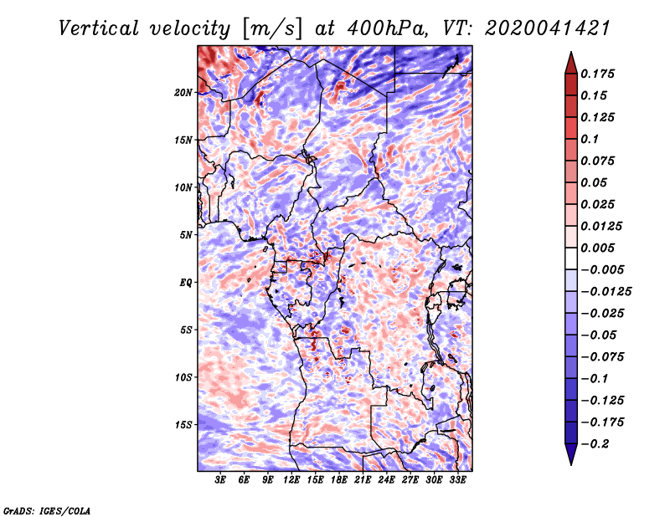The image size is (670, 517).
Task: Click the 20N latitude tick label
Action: (183, 92)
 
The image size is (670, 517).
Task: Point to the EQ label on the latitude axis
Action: (185, 283)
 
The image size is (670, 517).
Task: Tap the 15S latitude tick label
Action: (183, 425)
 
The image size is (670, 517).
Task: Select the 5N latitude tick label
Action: (186, 235)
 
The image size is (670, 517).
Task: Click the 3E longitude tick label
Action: (221, 481)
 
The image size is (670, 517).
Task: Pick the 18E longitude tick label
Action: (340, 481)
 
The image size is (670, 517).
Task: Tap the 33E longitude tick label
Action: (458, 481)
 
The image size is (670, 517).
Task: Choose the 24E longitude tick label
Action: (388, 481)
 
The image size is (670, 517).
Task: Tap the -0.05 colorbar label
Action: (600, 335)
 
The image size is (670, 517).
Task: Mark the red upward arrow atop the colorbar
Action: (569, 61)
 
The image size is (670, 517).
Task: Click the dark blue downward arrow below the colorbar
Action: (569, 454)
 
